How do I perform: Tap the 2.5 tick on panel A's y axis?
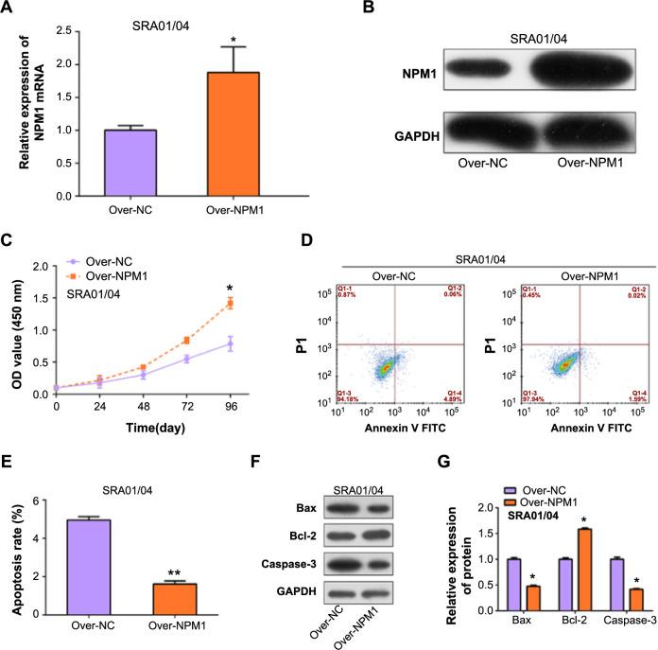(x=66, y=31)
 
